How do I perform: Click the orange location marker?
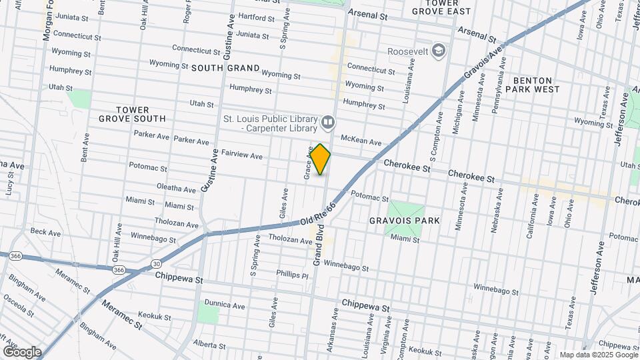click(320, 159)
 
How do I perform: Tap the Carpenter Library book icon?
click(327, 121)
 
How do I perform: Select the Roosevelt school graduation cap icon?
click(438, 50)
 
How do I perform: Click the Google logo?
click(21, 352)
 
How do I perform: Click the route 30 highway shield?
click(155, 263)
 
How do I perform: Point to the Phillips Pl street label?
click(293, 274)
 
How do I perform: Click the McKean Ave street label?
click(361, 141)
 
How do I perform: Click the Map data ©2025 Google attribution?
click(599, 355)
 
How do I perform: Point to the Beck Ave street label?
click(46, 233)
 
